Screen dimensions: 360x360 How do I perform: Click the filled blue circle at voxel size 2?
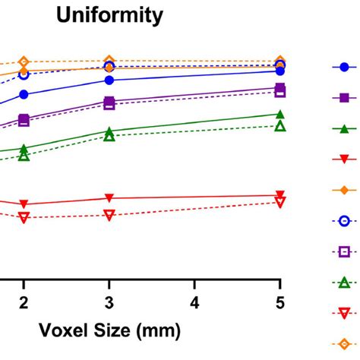[24, 94]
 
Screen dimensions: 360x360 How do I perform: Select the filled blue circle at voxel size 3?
[109, 80]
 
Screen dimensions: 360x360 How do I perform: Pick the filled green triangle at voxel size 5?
[280, 114]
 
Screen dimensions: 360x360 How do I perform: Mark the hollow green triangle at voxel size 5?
[280, 126]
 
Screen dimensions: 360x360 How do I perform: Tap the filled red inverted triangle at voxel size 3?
[109, 198]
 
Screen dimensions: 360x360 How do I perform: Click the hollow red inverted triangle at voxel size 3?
[109, 215]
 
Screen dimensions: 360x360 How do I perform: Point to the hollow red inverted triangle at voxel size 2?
[24, 217]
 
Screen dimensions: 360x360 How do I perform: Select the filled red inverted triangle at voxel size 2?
[24, 204]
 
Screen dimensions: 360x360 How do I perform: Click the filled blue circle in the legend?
[344, 67]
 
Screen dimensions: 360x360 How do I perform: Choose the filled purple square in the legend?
[344, 98]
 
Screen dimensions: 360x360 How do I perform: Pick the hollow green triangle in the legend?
[344, 282]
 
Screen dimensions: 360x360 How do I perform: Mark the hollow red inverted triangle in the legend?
[344, 312]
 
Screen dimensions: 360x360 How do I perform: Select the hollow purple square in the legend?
[344, 251]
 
